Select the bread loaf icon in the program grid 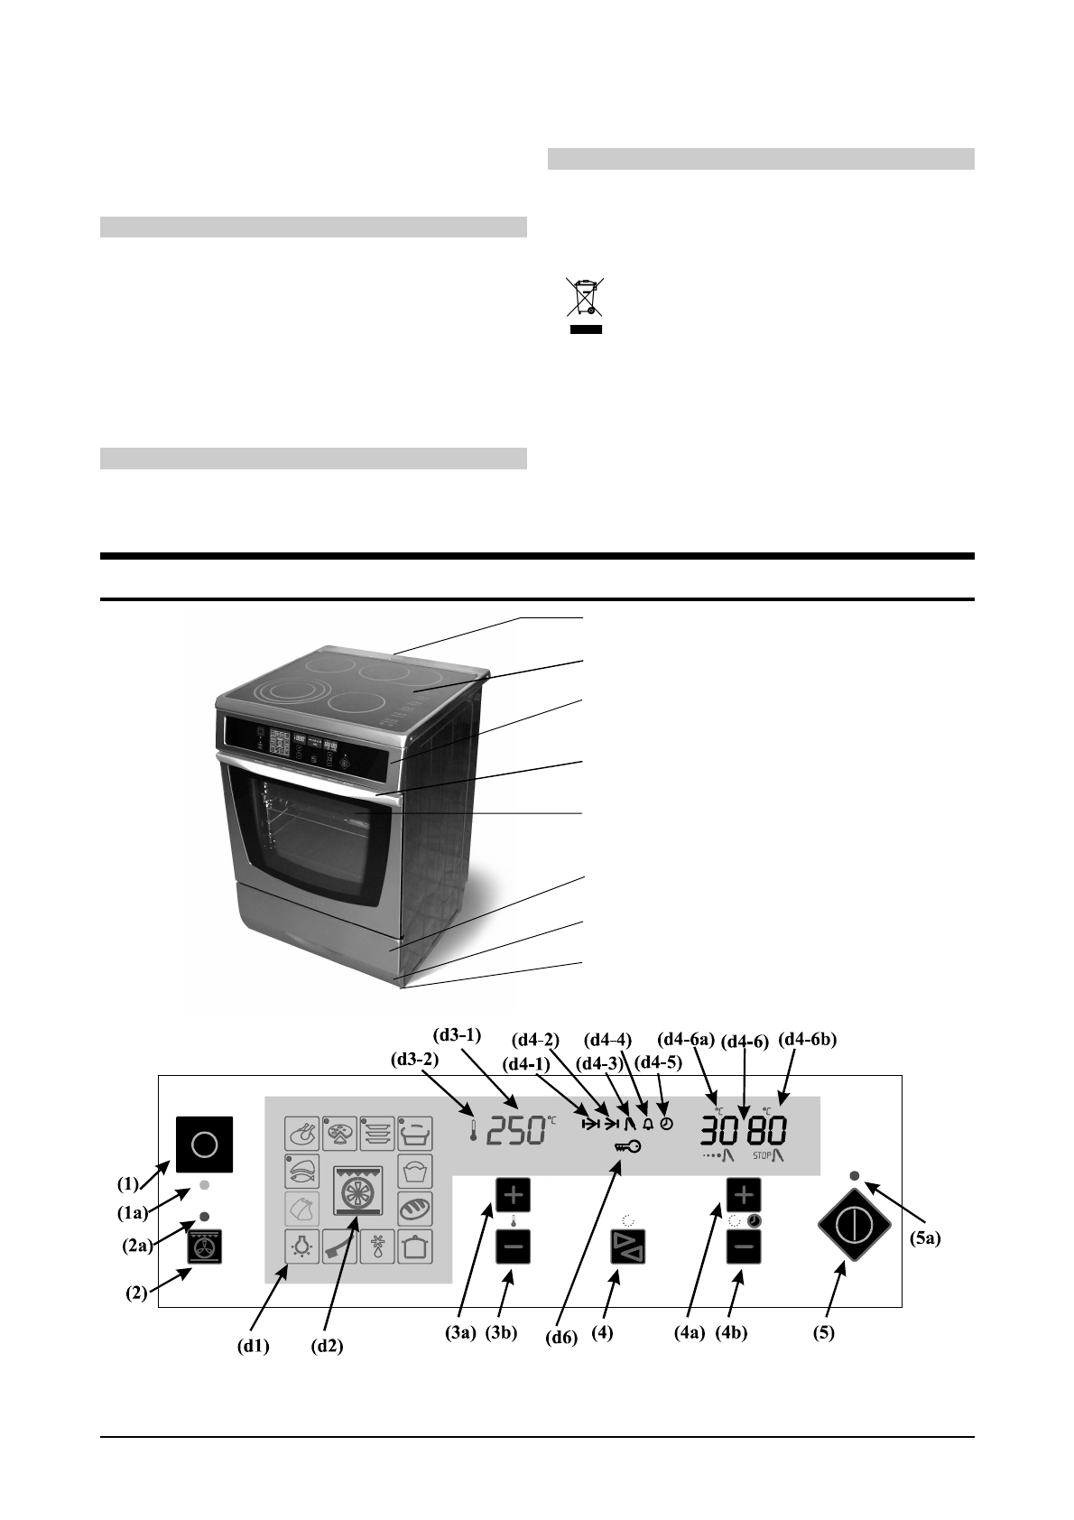click(414, 1208)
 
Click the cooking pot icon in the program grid click(414, 1247)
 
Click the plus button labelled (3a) click(513, 1195)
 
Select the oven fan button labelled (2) click(205, 1247)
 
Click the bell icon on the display click(647, 1125)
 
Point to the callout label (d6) click(561, 1338)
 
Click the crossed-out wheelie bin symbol click(584, 299)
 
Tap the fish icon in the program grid click(302, 1171)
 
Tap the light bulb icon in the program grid click(301, 1247)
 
